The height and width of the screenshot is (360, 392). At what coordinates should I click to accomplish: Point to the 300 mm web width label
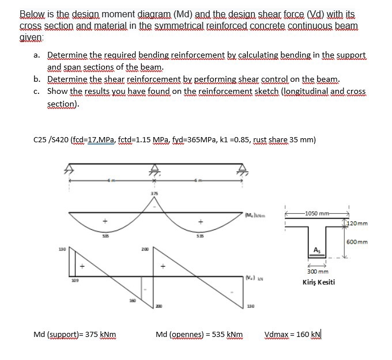coord(317,271)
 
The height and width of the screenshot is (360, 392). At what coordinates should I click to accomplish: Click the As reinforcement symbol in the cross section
coord(316,249)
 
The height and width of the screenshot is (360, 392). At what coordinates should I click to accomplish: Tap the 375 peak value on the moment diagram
coord(154,193)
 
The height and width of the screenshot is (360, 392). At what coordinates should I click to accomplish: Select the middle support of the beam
coord(154,170)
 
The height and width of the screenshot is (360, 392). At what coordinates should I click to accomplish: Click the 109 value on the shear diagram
coord(74,282)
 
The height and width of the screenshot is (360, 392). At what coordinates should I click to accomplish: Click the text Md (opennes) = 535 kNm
coord(199,334)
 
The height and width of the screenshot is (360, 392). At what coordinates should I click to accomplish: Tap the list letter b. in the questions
coord(36,79)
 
